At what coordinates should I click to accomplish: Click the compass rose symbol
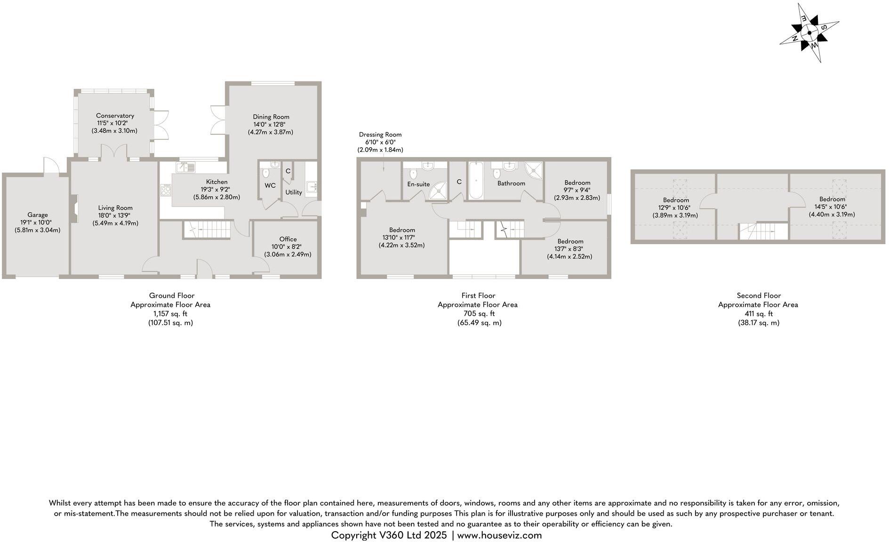tap(809, 33)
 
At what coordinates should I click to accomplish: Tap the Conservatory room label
tap(115, 116)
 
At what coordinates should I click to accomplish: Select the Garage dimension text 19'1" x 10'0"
tap(38, 223)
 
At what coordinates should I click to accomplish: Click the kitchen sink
tap(185, 167)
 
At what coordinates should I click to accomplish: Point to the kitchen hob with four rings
tap(166, 190)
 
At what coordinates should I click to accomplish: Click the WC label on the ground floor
tap(270, 185)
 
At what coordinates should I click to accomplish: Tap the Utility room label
tap(294, 192)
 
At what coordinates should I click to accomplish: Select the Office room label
tap(288, 239)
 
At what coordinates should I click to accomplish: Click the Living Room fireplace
tap(74, 208)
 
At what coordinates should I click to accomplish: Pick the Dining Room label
tap(271, 117)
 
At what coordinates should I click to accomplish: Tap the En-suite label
tap(418, 184)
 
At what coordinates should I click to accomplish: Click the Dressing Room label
tap(380, 135)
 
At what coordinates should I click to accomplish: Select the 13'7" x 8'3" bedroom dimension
tap(570, 249)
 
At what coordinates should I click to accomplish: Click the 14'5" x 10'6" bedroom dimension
tap(832, 207)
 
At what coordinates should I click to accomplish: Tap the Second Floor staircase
tap(762, 231)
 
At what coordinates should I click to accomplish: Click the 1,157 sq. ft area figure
tap(170, 313)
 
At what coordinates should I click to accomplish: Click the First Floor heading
tap(478, 295)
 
